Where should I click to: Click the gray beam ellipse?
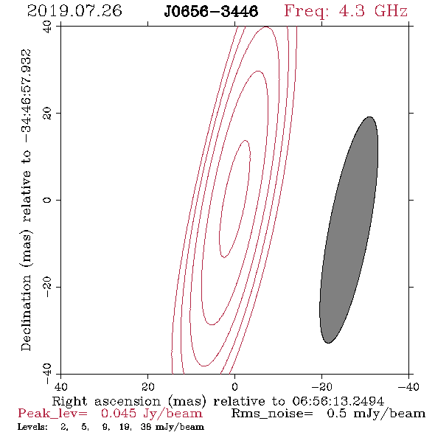pyautogui.click(x=349, y=230)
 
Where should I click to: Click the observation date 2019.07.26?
pyautogui.click(x=74, y=11)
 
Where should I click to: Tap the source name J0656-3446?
pyautogui.click(x=211, y=12)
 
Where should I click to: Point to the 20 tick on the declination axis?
pyautogui.click(x=47, y=113)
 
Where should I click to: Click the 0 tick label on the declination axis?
pyautogui.click(x=47, y=200)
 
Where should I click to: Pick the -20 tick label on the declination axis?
pyautogui.click(x=47, y=287)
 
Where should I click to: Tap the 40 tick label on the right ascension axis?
pyautogui.click(x=60, y=387)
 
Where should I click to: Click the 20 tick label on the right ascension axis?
pyautogui.click(x=147, y=387)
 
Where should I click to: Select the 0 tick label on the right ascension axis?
pyautogui.click(x=234, y=387)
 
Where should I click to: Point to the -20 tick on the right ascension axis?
pyautogui.click(x=321, y=387)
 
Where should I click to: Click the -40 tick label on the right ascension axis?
pyautogui.click(x=408, y=387)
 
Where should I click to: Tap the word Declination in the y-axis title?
pyautogui.click(x=26, y=313)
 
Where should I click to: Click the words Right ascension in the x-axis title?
pyautogui.click(x=106, y=401)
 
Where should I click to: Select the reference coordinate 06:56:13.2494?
pyautogui.click(x=338, y=401)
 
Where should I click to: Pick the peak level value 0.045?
pyautogui.click(x=119, y=414)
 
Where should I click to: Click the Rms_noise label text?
pyautogui.click(x=272, y=414)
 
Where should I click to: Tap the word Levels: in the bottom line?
pyautogui.click(x=32, y=427)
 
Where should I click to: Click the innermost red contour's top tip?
pyautogui.click(x=246, y=140)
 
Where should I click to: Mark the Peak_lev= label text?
pyautogui.click(x=52, y=414)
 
